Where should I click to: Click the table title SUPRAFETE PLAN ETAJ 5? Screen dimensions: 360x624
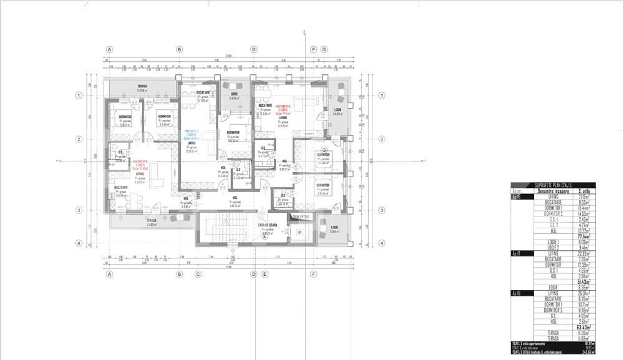pyautogui.click(x=553, y=185)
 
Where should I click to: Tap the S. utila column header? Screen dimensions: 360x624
pyautogui.click(x=585, y=191)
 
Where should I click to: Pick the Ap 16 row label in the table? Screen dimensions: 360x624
pyautogui.click(x=517, y=197)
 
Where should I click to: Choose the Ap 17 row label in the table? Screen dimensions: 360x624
pyautogui.click(x=517, y=253)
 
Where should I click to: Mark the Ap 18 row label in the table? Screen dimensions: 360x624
pyautogui.click(x=517, y=293)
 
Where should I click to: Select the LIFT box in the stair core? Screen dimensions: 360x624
pyautogui.click(x=300, y=232)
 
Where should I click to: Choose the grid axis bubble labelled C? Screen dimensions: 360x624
pyautogui.click(x=198, y=274)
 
